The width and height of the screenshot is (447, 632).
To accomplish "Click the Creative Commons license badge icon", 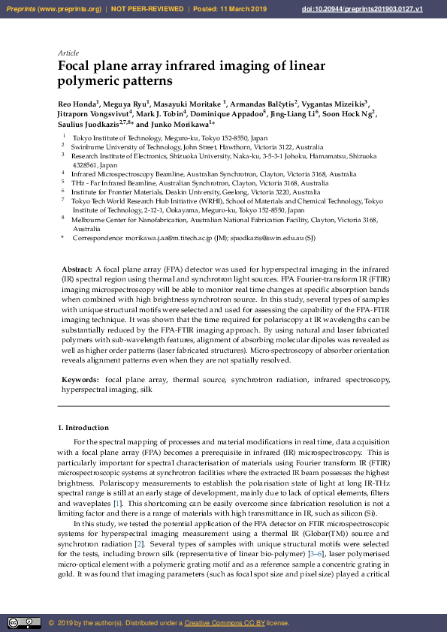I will coord(24,622).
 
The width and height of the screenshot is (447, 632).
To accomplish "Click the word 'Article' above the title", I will coord(68,53).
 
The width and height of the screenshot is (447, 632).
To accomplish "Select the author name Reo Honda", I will coord(77,102).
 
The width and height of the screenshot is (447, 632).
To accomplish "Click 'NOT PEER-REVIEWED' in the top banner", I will coord(147,9).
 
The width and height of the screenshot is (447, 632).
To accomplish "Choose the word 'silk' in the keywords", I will coord(146,390).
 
